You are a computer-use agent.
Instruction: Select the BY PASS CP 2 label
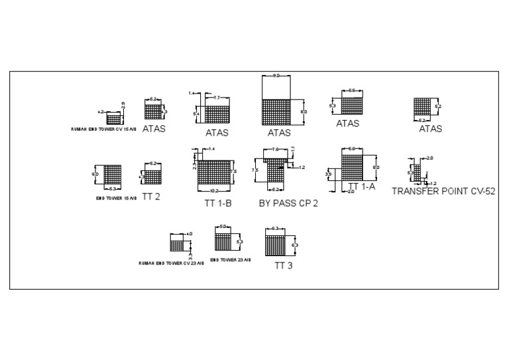tap(288, 203)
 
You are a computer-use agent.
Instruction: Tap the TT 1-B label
tap(217, 203)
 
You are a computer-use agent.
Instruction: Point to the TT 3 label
tap(284, 265)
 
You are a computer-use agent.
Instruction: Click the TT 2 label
tap(151, 196)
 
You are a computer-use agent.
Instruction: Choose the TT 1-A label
tap(362, 187)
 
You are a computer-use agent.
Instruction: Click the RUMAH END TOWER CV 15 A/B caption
tap(104, 129)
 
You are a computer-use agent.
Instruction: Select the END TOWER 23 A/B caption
tap(231, 260)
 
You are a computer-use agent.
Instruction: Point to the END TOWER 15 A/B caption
tap(117, 198)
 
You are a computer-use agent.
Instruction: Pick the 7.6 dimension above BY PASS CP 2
tap(276, 150)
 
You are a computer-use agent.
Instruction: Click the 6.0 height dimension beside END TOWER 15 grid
tap(95, 174)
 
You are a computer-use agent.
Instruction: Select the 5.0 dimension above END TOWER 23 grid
tap(223, 227)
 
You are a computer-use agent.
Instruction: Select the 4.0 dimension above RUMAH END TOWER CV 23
tap(189, 234)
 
